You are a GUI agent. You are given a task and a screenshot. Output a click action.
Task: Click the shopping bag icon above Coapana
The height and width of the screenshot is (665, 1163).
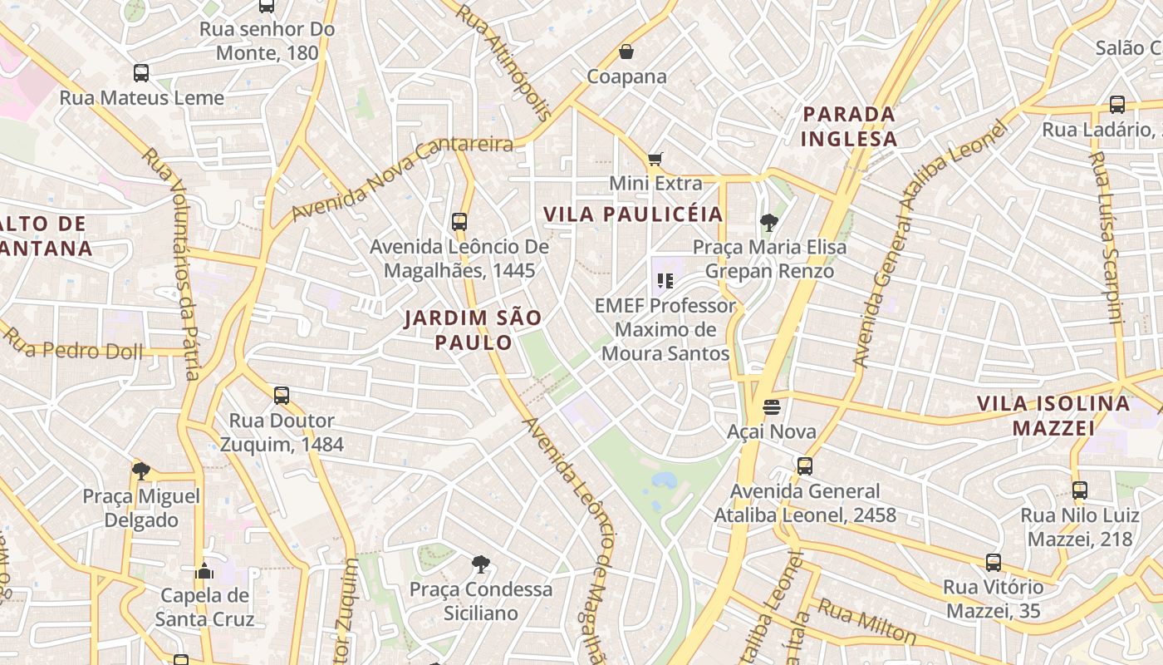(x=626, y=52)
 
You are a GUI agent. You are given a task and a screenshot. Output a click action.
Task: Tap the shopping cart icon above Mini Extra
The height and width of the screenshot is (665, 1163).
(x=655, y=159)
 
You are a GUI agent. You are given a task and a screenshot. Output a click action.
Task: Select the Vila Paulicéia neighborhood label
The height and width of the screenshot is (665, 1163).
(x=633, y=214)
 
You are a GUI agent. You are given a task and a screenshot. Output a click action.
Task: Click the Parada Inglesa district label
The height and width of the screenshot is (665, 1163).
(x=849, y=126)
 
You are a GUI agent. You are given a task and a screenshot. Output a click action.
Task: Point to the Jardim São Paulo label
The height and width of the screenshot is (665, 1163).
(x=474, y=329)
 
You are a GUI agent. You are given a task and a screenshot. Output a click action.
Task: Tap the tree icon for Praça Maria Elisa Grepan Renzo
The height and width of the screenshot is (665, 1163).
(x=769, y=222)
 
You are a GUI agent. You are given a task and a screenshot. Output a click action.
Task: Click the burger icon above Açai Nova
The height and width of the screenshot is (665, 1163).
(x=772, y=407)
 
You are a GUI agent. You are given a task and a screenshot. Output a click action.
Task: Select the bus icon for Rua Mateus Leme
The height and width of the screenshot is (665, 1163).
(x=141, y=73)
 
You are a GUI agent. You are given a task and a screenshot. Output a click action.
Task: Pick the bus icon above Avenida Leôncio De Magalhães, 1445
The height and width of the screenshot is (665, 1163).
(x=459, y=222)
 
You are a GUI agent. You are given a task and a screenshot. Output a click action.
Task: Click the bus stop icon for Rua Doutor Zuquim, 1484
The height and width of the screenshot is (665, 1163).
(x=282, y=396)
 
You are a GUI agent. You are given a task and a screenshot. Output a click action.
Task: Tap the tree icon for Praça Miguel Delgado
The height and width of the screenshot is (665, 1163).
(x=141, y=471)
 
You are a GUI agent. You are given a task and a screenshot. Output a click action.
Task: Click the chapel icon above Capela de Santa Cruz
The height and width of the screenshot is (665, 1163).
(x=204, y=571)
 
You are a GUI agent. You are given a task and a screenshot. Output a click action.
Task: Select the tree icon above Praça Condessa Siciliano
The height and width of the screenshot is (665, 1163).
(x=480, y=564)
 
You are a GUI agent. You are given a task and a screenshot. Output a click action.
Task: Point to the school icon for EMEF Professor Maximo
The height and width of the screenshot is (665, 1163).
(x=665, y=281)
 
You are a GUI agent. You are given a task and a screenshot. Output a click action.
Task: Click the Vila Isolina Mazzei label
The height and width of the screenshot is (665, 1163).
(x=1053, y=416)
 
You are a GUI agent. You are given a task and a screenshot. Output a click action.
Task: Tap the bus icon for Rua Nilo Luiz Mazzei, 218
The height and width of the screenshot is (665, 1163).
(x=1079, y=490)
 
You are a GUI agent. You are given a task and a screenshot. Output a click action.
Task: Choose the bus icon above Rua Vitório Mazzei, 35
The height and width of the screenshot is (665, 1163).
(x=994, y=563)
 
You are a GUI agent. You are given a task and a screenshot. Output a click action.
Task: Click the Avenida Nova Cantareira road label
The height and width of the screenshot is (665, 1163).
(x=402, y=178)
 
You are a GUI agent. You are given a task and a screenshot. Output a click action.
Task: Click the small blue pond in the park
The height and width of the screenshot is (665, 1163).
(x=664, y=480)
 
